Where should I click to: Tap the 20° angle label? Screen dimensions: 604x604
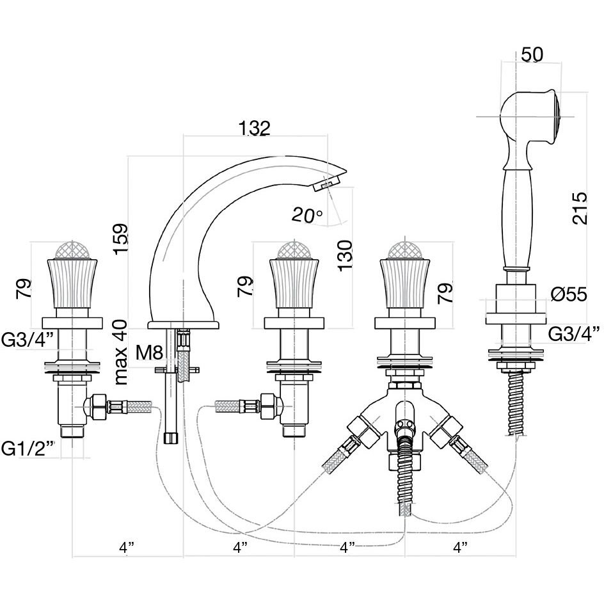tap(307, 215)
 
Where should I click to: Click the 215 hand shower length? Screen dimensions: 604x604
tap(580, 207)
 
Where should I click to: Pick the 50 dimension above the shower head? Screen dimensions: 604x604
tap(532, 54)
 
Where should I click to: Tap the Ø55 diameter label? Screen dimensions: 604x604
tap(569, 295)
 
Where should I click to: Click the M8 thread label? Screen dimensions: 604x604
tap(149, 352)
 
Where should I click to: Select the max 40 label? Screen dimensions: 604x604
tap(121, 352)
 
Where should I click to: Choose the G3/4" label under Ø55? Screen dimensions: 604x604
tap(574, 332)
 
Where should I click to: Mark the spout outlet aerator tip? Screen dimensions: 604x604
tap(325, 184)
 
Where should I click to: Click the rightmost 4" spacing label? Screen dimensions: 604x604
tap(459, 547)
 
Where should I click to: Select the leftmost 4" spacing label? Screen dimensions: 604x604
tap(127, 547)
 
